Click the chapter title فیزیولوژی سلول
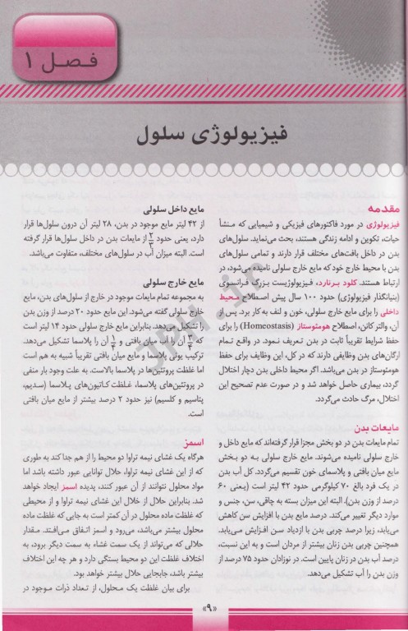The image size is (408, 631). point(204,133)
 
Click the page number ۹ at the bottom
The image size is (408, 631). point(204,610)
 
